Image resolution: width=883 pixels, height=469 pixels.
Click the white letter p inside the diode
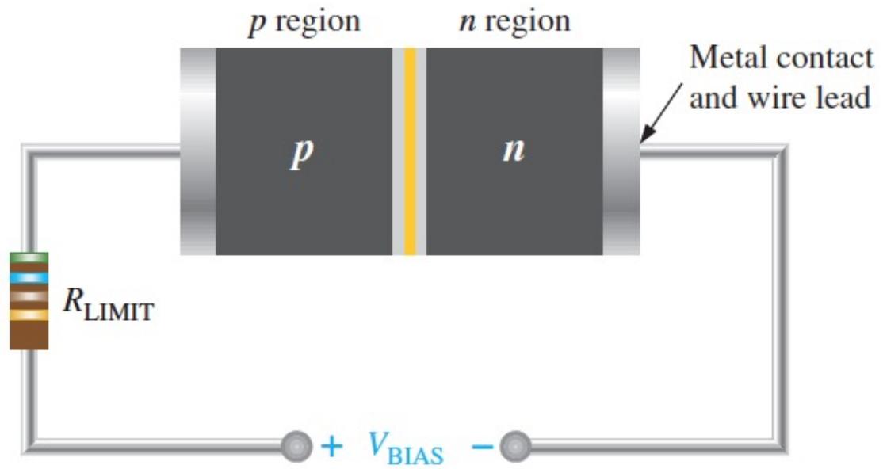click(x=301, y=153)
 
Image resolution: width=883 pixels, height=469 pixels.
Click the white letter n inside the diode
click(x=514, y=150)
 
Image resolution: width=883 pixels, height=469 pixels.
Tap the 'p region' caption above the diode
click(x=304, y=23)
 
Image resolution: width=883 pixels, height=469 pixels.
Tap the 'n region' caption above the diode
click(x=515, y=22)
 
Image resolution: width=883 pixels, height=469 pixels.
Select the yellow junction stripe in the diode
click(x=410, y=151)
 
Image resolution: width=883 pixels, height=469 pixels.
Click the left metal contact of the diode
click(x=197, y=151)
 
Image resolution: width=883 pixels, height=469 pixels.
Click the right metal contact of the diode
click(x=621, y=151)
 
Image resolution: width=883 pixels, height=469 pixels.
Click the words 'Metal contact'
click(x=782, y=58)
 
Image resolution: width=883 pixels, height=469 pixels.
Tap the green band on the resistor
click(x=29, y=257)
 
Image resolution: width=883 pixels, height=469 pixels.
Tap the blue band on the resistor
click(x=29, y=277)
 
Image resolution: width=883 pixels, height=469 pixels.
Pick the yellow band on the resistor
click(x=29, y=315)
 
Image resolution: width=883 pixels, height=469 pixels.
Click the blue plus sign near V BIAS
click(x=331, y=447)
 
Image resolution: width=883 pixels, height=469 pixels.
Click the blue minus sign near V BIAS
click(x=482, y=447)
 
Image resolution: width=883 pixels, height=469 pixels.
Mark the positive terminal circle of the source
click(x=296, y=447)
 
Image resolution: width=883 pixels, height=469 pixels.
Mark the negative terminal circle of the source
click(x=514, y=447)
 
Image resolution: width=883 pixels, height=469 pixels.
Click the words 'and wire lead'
click(x=781, y=97)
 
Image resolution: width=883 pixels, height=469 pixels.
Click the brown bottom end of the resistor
click(x=29, y=335)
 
